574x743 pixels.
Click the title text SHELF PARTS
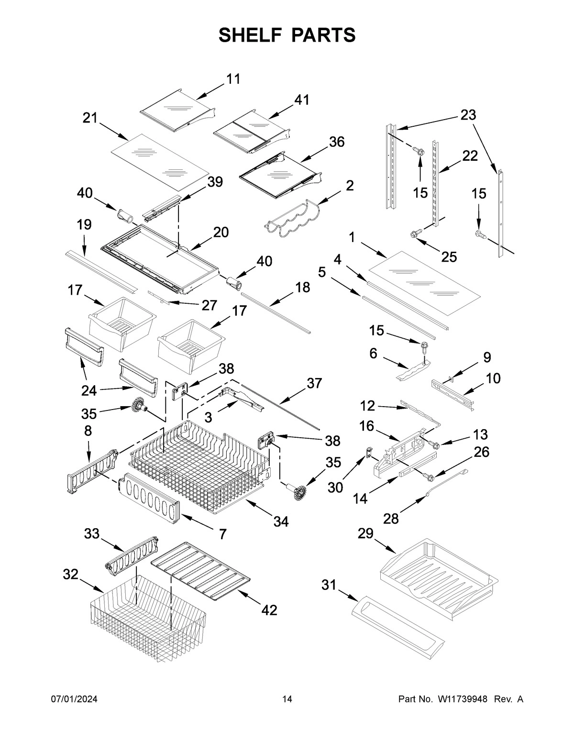(x=287, y=35)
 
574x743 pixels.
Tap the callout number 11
(x=233, y=79)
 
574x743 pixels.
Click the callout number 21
(x=89, y=118)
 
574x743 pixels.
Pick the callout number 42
(x=269, y=610)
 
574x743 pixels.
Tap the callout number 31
(x=329, y=585)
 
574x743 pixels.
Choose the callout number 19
(x=84, y=224)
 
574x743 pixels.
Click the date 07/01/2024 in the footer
(x=74, y=699)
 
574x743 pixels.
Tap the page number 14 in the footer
(x=287, y=699)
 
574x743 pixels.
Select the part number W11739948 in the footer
(x=462, y=699)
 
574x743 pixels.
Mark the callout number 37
(x=314, y=383)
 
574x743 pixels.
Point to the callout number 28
(x=391, y=519)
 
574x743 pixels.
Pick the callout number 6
(x=373, y=354)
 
